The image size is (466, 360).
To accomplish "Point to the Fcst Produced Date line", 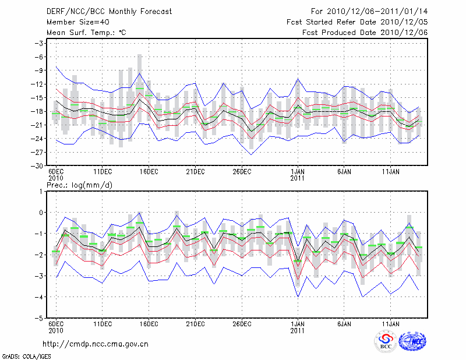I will [365, 33].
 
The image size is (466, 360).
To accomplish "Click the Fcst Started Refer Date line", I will [358, 22].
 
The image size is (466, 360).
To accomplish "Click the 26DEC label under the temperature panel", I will [242, 172].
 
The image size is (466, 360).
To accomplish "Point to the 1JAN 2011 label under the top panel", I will [297, 175].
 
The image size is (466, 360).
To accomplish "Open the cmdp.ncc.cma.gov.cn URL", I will [96, 344].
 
